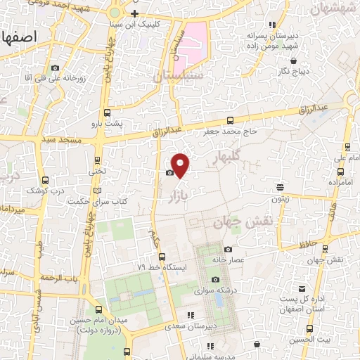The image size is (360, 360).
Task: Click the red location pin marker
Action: (181, 165)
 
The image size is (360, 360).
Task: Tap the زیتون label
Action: (281, 199)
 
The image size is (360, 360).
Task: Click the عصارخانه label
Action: (249, 259)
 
